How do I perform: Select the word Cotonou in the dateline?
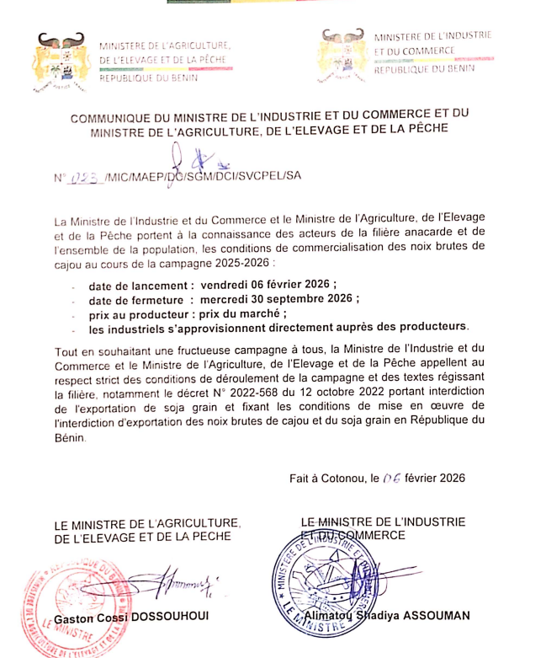[342, 477]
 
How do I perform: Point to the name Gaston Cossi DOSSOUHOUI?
[130, 618]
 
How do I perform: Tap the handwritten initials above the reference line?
[187, 158]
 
